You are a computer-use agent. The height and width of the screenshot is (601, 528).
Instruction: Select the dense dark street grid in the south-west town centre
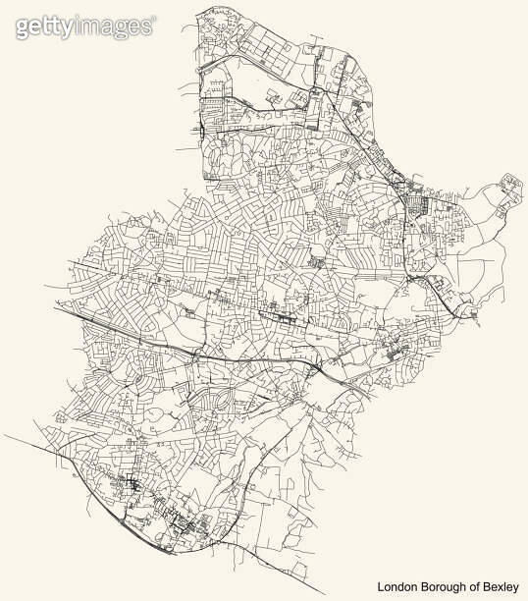pos(132,487)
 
